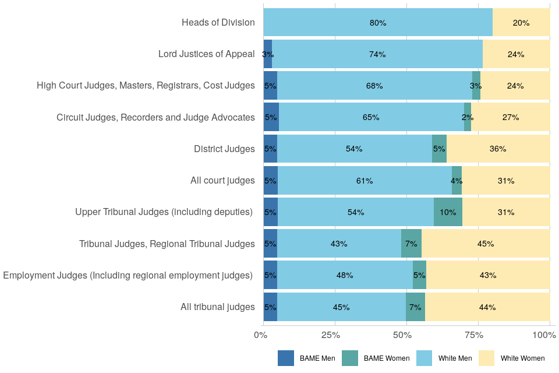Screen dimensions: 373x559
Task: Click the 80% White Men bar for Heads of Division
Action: [x=378, y=23]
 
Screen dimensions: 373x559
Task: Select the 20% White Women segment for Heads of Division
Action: [x=521, y=23]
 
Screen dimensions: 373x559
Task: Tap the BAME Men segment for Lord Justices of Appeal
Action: [x=268, y=54]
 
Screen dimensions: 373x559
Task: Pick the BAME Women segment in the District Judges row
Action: [x=439, y=149]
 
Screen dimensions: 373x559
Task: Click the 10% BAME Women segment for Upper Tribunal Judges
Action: [x=448, y=212]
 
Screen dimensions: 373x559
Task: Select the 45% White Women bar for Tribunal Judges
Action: [x=486, y=244]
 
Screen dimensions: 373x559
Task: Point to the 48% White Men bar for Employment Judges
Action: [x=345, y=275]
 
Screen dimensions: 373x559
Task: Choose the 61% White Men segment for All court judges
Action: [x=365, y=181]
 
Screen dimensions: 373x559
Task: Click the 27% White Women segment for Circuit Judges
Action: [x=511, y=117]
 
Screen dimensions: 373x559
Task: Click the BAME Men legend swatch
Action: [x=286, y=358]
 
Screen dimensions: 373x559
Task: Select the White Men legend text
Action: [x=455, y=358]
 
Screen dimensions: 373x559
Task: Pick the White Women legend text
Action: [x=522, y=358]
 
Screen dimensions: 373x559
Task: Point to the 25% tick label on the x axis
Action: [x=331, y=335]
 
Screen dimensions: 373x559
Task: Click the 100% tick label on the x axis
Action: [x=544, y=335]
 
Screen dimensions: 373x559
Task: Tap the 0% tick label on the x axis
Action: [x=260, y=335]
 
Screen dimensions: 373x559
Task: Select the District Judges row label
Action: [x=224, y=149]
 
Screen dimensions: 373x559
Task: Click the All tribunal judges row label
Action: [x=217, y=307]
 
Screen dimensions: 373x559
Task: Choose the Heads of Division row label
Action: [x=218, y=23]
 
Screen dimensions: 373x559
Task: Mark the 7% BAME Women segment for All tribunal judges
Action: [x=415, y=307]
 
